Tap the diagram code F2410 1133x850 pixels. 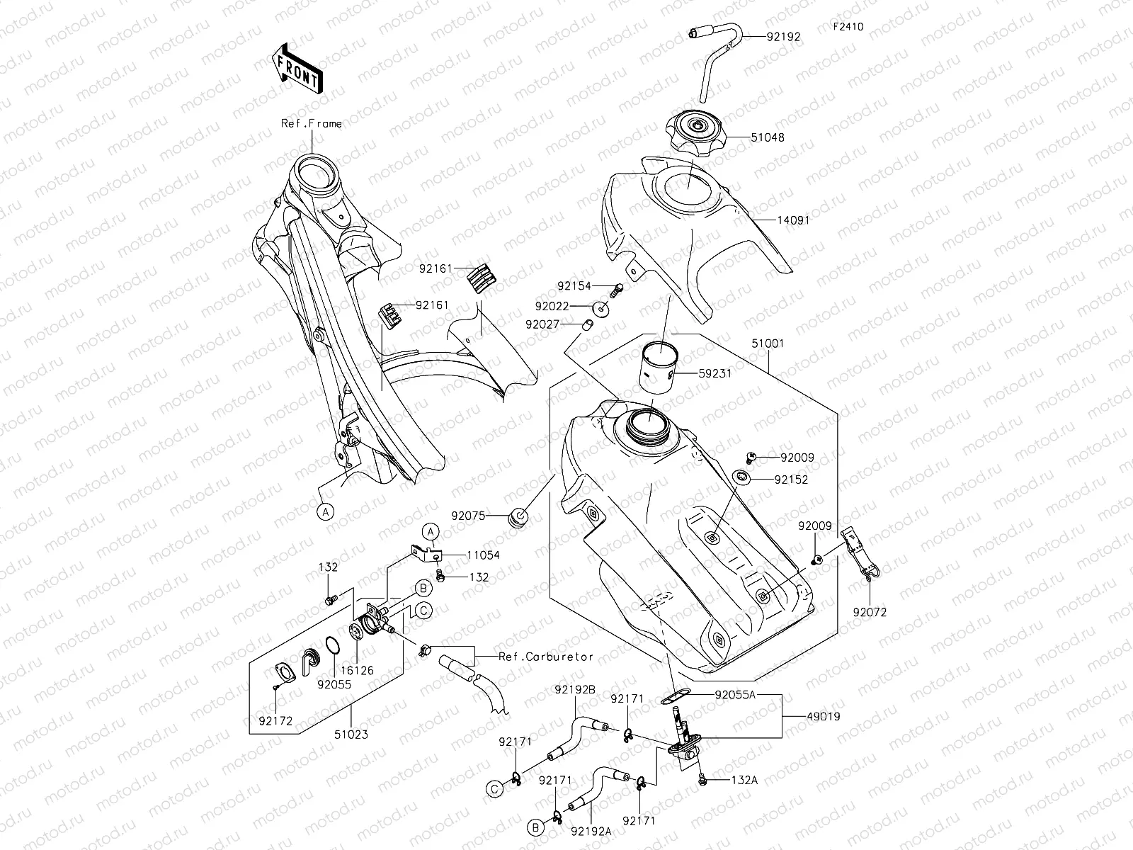pyautogui.click(x=848, y=27)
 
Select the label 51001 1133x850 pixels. pyautogui.click(x=768, y=344)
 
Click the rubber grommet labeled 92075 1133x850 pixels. pyautogui.click(x=519, y=516)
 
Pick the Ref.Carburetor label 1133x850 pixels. pyautogui.click(x=545, y=656)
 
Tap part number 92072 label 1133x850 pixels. pyautogui.click(x=869, y=612)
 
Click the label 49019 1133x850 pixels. pyautogui.click(x=823, y=716)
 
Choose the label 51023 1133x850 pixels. pyautogui.click(x=352, y=735)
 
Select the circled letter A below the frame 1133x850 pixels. pyautogui.click(x=324, y=511)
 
